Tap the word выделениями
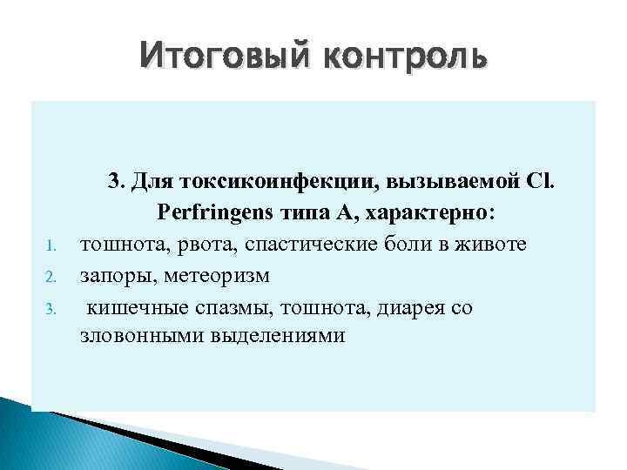tap(277, 336)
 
